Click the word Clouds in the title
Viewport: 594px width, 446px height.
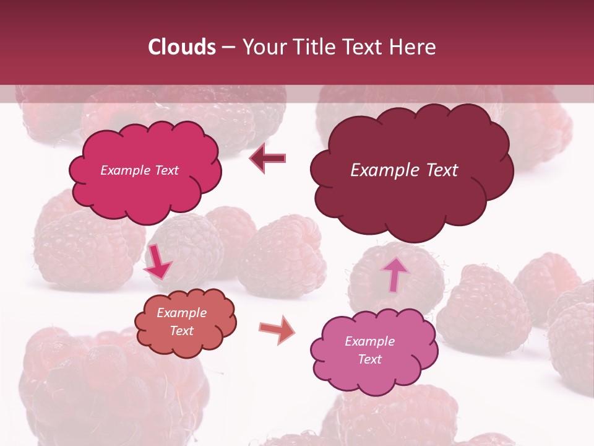[x=182, y=47]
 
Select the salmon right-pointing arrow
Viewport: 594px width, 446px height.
[x=277, y=330]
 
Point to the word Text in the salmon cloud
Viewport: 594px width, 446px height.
[x=182, y=331]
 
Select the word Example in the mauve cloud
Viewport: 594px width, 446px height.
[x=369, y=341]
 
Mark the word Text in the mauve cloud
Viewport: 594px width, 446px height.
[x=369, y=359]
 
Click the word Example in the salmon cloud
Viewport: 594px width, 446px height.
[x=182, y=313]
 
